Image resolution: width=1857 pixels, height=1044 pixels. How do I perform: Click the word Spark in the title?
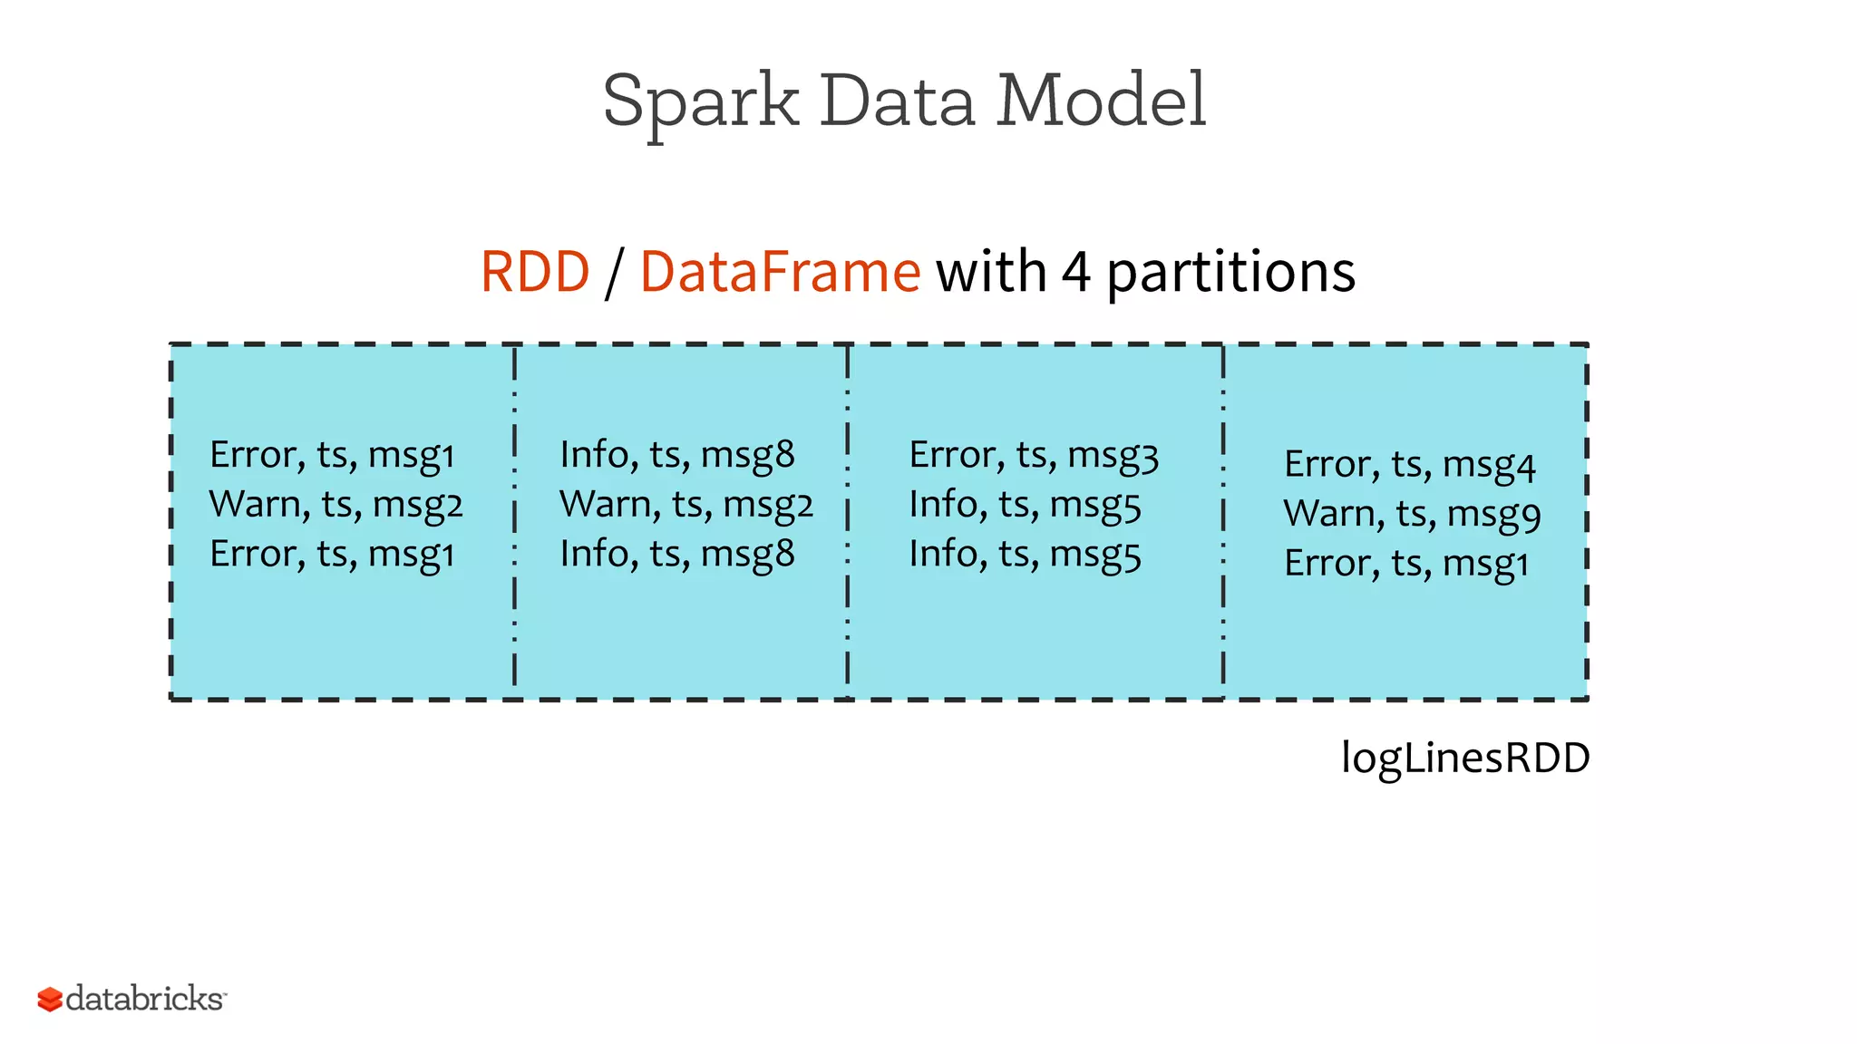(700, 101)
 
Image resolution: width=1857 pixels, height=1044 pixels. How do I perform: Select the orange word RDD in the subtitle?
(535, 272)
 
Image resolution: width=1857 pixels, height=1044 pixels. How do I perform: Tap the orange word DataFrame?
(780, 272)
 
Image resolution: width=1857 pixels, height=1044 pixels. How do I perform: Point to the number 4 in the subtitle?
(1075, 272)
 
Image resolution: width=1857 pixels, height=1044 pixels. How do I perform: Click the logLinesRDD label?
(1464, 758)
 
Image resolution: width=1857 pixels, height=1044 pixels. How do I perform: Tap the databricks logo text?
(145, 999)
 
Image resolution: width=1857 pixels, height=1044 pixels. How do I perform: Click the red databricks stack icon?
(50, 1000)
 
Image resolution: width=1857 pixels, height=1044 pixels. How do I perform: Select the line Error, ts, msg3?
(1033, 455)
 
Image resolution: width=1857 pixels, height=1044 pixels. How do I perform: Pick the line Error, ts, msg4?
(1409, 465)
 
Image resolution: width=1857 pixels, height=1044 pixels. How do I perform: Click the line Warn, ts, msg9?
(1411, 514)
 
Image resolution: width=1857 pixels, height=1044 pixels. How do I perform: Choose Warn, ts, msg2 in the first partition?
(335, 505)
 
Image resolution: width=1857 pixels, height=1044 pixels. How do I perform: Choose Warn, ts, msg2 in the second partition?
(685, 505)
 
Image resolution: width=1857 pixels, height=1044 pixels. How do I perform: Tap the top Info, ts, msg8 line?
(676, 455)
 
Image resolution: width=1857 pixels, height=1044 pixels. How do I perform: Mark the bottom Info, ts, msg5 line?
(1025, 555)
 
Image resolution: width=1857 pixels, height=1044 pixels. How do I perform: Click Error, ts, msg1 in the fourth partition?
(1405, 564)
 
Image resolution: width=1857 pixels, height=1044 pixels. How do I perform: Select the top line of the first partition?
(332, 455)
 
